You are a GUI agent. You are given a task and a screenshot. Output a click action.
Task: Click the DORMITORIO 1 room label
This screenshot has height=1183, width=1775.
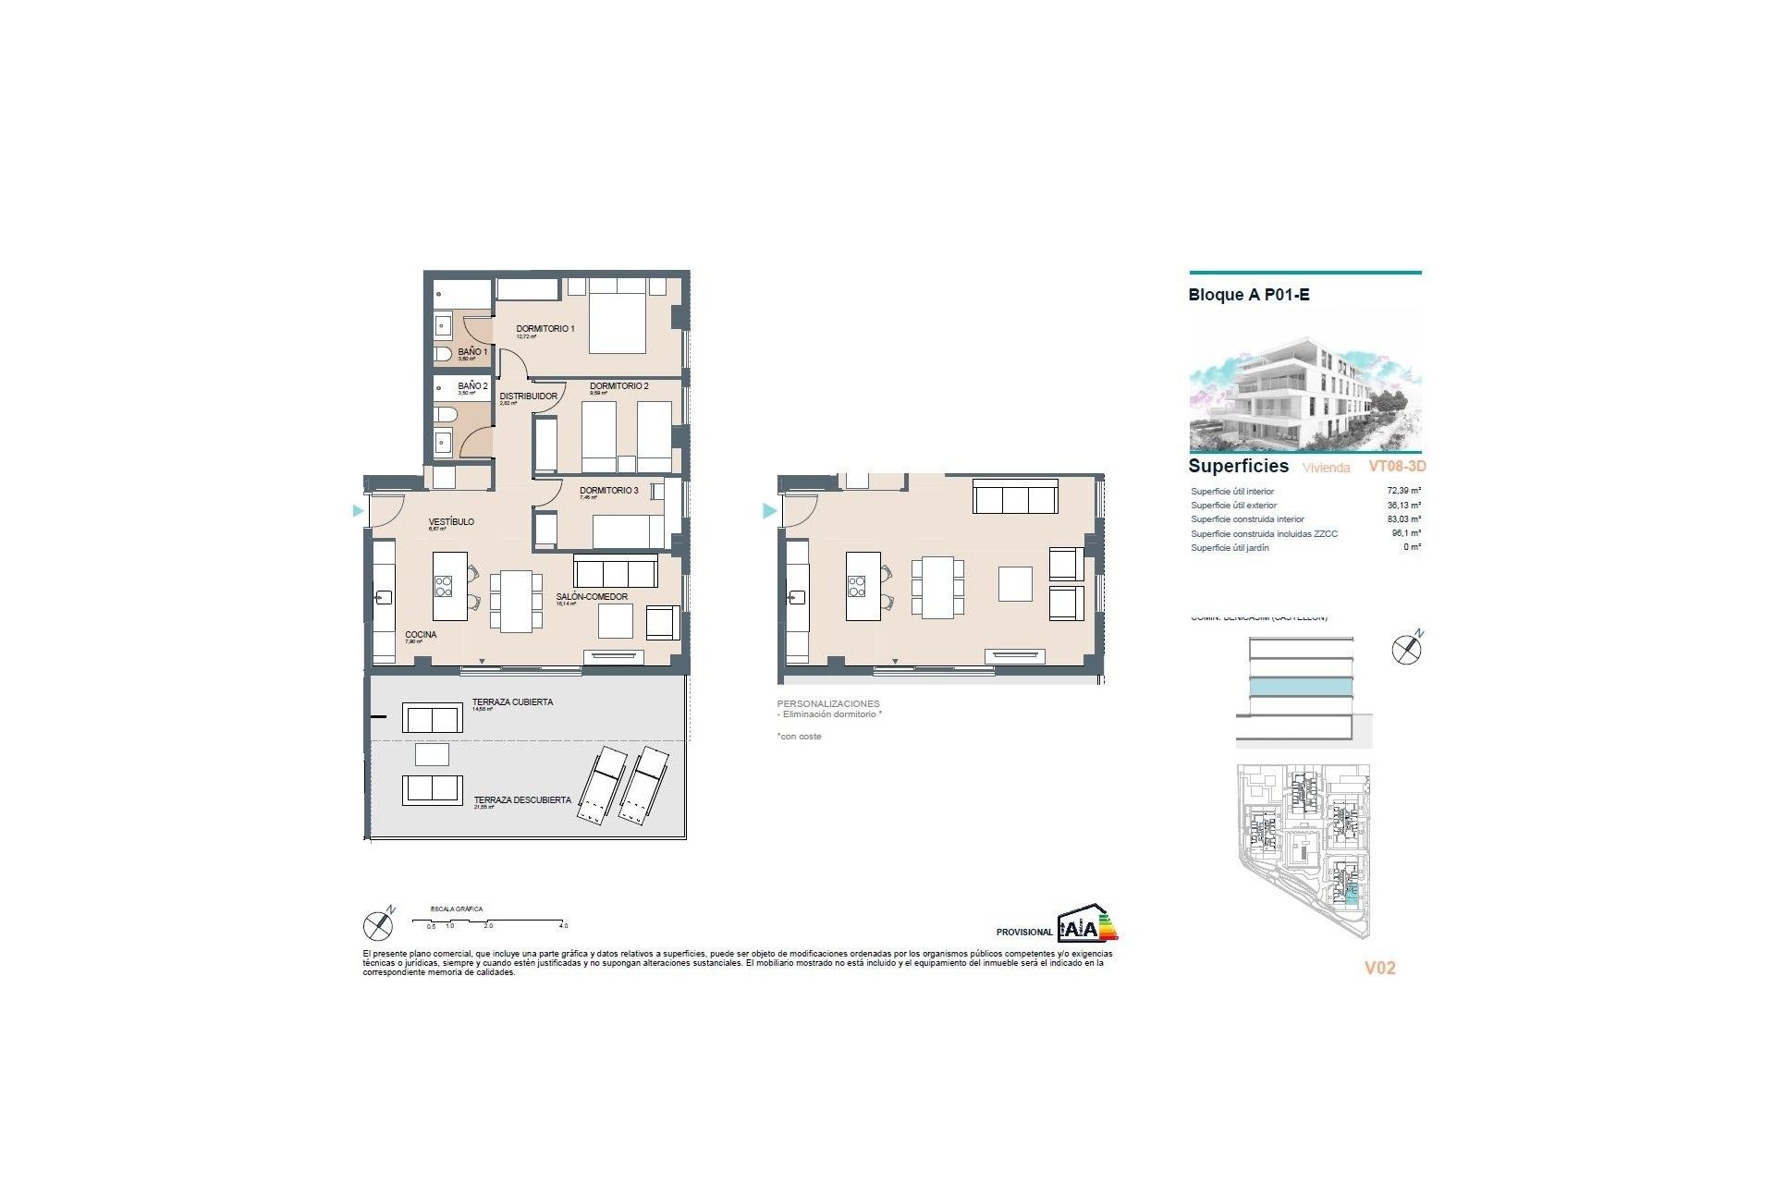(x=545, y=329)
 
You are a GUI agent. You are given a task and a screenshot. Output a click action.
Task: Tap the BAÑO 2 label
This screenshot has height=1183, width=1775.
(x=472, y=386)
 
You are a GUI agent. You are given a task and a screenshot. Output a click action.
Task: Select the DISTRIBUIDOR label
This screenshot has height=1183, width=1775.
(x=529, y=396)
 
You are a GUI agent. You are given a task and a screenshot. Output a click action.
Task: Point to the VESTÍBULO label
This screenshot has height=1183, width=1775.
(x=451, y=522)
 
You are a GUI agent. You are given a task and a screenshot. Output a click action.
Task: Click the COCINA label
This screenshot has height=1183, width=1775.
(x=421, y=635)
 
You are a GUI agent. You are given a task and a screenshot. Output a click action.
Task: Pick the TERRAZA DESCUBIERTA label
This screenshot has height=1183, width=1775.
(x=522, y=800)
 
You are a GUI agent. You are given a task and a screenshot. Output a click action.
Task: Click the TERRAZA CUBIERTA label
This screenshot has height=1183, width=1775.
(x=512, y=702)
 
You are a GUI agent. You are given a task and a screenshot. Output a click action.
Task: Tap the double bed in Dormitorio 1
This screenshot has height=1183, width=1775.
(x=617, y=316)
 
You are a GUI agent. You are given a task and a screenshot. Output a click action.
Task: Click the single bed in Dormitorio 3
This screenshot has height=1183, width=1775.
(x=629, y=531)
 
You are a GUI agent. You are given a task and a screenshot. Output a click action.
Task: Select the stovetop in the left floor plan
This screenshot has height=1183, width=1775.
(x=444, y=586)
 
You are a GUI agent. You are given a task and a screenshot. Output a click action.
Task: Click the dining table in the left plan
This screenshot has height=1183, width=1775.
(x=517, y=601)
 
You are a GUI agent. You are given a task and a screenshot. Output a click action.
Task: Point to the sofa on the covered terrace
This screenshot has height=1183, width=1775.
(x=432, y=718)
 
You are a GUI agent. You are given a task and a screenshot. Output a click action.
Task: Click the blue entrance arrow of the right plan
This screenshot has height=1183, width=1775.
(x=768, y=510)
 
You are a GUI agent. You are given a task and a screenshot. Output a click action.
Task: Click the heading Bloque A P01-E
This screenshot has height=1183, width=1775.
(x=1249, y=295)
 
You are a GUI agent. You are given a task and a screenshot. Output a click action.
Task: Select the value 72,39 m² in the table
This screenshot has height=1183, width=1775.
(x=1403, y=492)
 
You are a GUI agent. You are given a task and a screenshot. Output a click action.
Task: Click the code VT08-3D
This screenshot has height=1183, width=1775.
(x=1397, y=467)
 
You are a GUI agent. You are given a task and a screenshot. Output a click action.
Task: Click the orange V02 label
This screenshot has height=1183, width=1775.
(x=1379, y=968)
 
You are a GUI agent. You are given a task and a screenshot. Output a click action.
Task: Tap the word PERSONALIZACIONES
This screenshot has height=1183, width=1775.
(x=828, y=704)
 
